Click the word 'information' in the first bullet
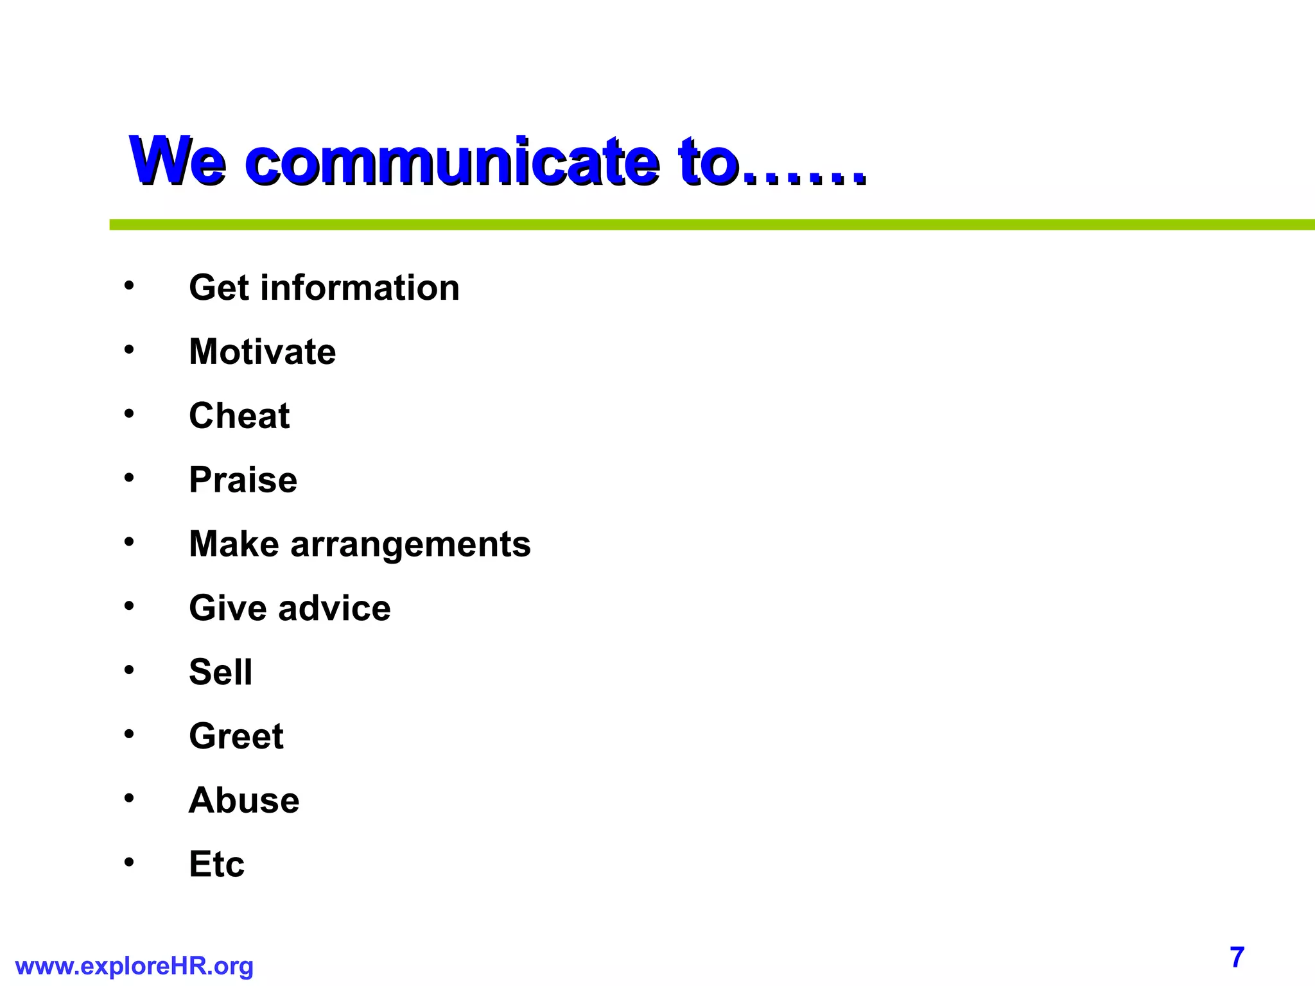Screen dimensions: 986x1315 tap(360, 288)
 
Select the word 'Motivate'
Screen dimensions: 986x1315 tap(262, 352)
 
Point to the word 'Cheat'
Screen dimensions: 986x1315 tap(239, 416)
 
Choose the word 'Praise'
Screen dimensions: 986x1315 tap(243, 480)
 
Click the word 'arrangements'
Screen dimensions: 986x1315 tap(410, 544)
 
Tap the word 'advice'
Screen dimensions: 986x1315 tap(334, 608)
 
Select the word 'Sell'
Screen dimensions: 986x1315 tap(220, 672)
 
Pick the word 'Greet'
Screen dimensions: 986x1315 tap(236, 736)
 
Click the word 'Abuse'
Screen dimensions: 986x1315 tap(244, 800)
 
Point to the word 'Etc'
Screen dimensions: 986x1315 tap(216, 864)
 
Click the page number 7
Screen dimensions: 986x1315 tap(1237, 957)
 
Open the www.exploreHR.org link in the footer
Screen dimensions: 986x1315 tap(134, 966)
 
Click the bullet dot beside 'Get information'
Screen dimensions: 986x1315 tap(129, 285)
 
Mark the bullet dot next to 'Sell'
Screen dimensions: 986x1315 tap(129, 670)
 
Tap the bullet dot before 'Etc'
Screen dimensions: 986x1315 tap(129, 862)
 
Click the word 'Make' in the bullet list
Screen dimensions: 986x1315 tap(234, 544)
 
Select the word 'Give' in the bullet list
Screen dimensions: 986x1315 tap(227, 608)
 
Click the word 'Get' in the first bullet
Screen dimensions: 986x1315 tap(218, 288)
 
